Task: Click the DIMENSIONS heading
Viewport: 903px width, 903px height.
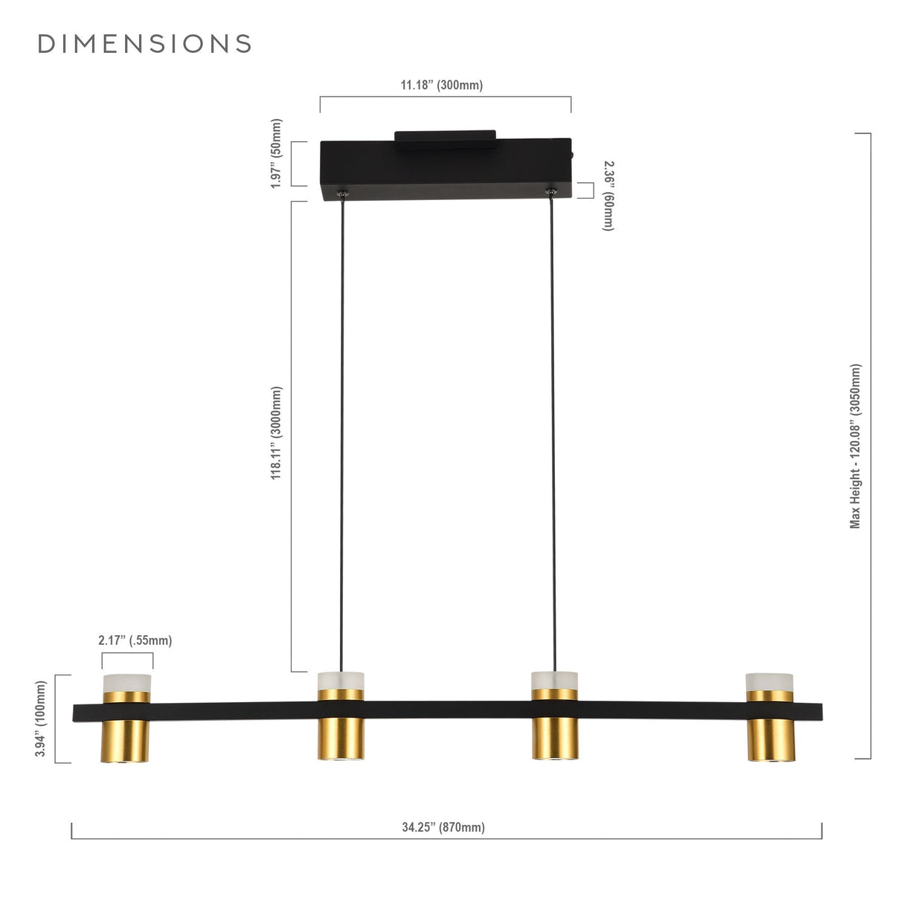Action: [x=144, y=44]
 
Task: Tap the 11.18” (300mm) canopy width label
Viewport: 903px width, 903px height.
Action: [x=441, y=85]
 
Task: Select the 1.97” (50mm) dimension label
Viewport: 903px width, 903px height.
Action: [x=277, y=154]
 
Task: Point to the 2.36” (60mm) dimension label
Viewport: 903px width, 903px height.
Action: [x=608, y=196]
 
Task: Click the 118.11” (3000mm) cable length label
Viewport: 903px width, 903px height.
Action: [x=277, y=432]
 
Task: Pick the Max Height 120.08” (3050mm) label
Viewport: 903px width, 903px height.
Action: [x=855, y=446]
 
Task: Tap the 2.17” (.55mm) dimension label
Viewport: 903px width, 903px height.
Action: [x=135, y=640]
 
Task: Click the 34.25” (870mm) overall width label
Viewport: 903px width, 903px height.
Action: [x=443, y=841]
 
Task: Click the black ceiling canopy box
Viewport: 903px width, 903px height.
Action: [x=446, y=169]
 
